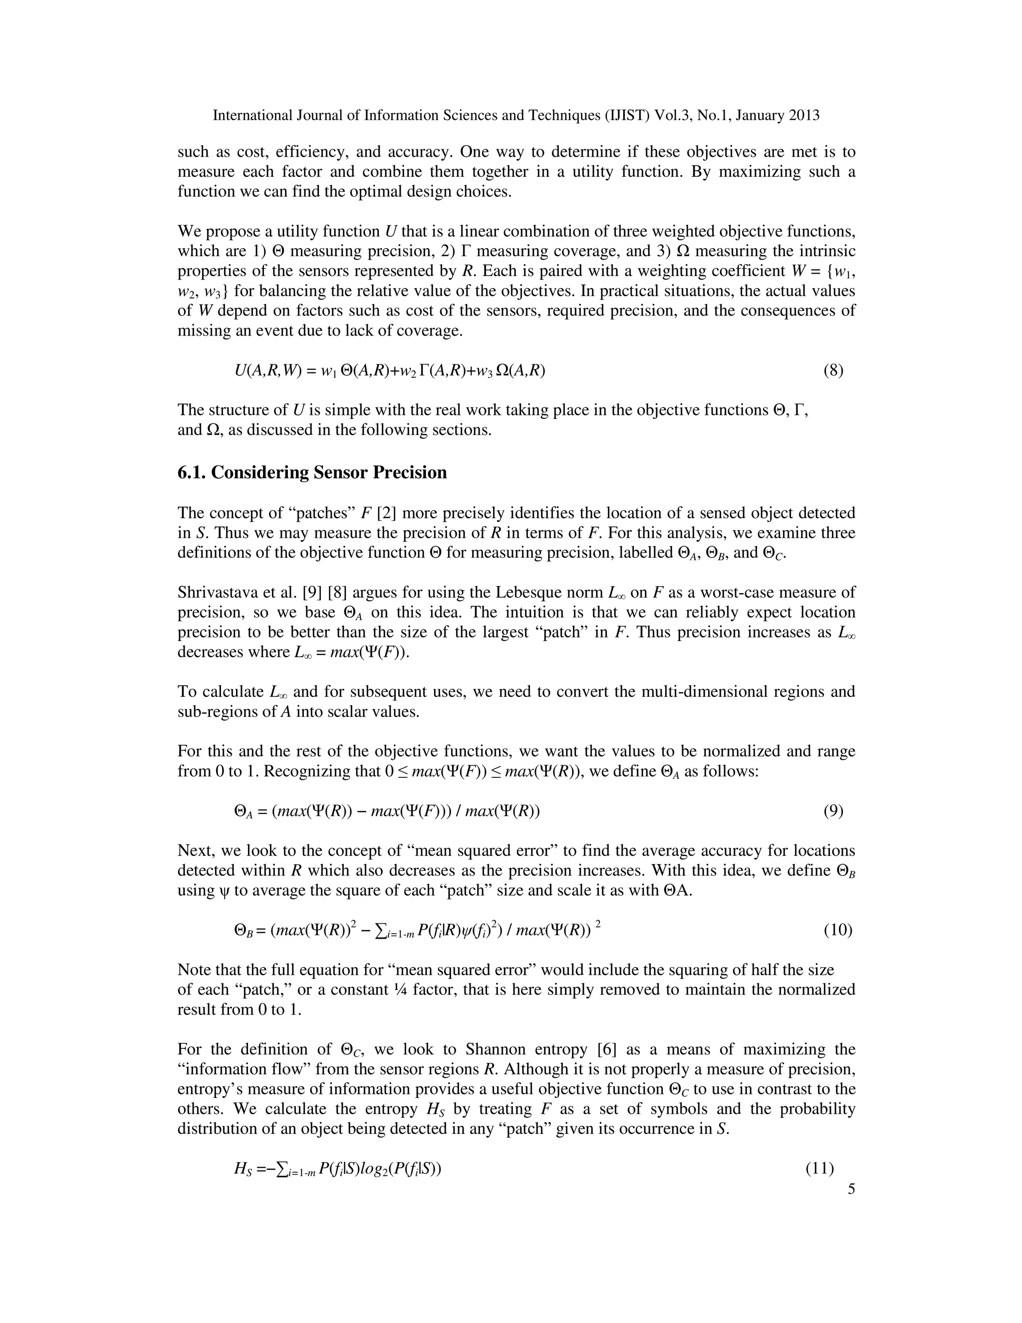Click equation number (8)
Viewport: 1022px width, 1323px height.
(833, 371)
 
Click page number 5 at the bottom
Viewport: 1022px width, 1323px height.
(851, 1190)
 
